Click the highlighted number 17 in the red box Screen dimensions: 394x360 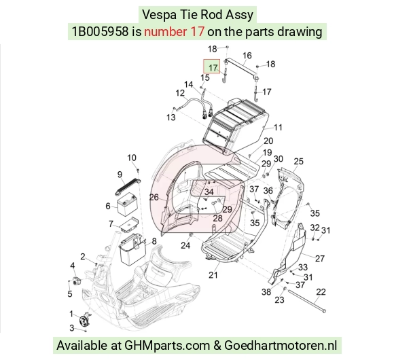[213, 68]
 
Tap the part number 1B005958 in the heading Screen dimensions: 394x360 [100, 32]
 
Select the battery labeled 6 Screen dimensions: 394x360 [127, 204]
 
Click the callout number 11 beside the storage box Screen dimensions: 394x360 [278, 128]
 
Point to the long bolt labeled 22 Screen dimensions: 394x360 [306, 301]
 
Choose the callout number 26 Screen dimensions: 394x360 [154, 197]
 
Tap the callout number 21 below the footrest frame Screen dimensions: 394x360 [213, 275]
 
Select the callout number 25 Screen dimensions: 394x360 [298, 161]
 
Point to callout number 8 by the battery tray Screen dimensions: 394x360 [154, 241]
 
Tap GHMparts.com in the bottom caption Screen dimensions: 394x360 [167, 346]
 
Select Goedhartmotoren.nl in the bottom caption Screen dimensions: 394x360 [281, 346]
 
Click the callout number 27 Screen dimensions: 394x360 [320, 258]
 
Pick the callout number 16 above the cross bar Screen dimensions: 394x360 [247, 56]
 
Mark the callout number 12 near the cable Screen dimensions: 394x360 [180, 93]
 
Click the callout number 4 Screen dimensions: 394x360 [73, 266]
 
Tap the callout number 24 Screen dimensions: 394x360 [185, 245]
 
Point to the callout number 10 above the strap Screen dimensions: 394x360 [132, 158]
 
